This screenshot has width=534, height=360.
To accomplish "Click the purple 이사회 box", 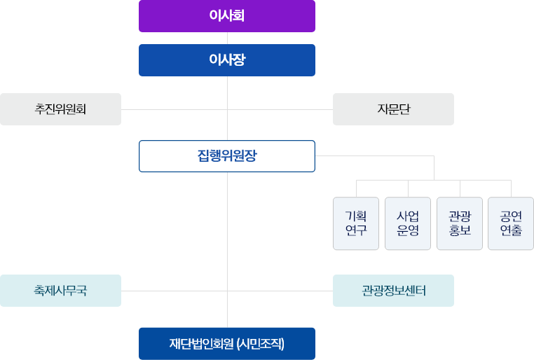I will (x=227, y=15).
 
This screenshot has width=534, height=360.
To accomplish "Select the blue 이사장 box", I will (x=227, y=60).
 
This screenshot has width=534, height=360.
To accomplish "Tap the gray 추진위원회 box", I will (x=60, y=109).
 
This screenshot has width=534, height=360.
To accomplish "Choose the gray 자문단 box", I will (x=393, y=109).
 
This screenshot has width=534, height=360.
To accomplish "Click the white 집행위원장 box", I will (x=227, y=156).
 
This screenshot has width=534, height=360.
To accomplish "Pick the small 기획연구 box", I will (x=356, y=223).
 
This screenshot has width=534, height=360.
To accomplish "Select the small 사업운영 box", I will (x=408, y=223).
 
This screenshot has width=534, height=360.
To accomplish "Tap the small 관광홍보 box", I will (x=460, y=223).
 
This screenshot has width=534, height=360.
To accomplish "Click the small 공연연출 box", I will (x=511, y=223).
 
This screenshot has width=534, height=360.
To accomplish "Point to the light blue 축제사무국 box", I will (x=60, y=291).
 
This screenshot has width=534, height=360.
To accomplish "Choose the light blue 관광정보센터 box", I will (x=393, y=291).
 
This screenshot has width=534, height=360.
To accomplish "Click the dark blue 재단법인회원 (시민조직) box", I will (x=227, y=343).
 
